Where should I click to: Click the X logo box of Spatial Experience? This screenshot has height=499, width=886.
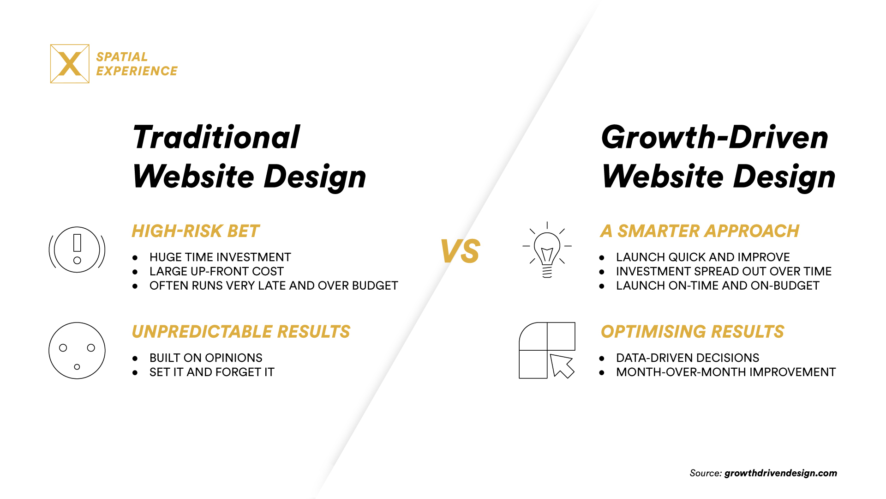pyautogui.click(x=70, y=64)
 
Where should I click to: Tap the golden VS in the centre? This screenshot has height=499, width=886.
pyautogui.click(x=460, y=251)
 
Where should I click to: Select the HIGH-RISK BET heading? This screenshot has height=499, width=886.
pyautogui.click(x=196, y=231)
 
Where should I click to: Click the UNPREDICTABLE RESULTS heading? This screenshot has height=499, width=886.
pyautogui.click(x=241, y=332)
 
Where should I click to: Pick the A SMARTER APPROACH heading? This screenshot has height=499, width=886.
pyautogui.click(x=700, y=231)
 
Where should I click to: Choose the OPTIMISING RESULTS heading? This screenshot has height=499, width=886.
pyautogui.click(x=692, y=332)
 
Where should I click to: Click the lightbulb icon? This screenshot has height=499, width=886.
pyautogui.click(x=547, y=250)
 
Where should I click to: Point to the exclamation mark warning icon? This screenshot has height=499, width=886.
pyautogui.click(x=77, y=249)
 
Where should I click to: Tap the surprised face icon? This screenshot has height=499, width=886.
pyautogui.click(x=77, y=351)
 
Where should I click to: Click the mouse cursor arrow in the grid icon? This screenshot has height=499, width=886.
pyautogui.click(x=562, y=365)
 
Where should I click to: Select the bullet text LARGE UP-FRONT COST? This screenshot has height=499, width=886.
pyautogui.click(x=216, y=272)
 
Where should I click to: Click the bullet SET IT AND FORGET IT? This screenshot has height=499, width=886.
pyautogui.click(x=212, y=372)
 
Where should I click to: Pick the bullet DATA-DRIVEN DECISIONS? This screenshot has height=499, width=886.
pyautogui.click(x=687, y=358)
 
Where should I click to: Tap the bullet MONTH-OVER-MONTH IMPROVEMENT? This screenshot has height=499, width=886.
pyautogui.click(x=725, y=372)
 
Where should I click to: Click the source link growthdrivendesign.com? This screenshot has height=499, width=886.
pyautogui.click(x=780, y=473)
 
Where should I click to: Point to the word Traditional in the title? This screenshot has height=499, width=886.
pyautogui.click(x=216, y=138)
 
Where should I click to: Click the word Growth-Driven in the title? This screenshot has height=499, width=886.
pyautogui.click(x=715, y=138)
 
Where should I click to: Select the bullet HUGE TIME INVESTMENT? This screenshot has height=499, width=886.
pyautogui.click(x=220, y=257)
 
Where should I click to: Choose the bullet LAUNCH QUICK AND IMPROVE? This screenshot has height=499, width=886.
pyautogui.click(x=703, y=257)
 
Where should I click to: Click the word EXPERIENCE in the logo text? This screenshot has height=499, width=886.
pyautogui.click(x=137, y=71)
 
